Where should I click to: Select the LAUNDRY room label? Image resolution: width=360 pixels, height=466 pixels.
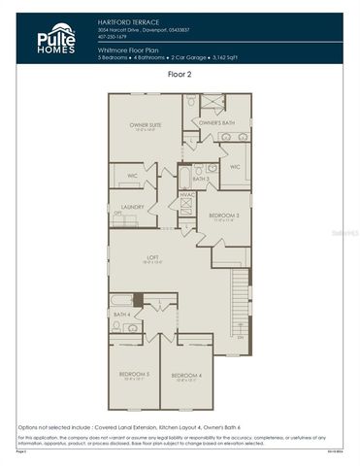(x=133, y=207)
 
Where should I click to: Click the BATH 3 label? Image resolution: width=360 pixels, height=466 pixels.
(x=201, y=179)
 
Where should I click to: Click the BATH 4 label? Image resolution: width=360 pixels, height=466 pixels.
(x=121, y=315)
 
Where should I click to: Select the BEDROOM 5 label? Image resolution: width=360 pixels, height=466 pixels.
(x=134, y=374)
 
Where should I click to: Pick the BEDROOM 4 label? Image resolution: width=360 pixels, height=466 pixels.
(x=186, y=375)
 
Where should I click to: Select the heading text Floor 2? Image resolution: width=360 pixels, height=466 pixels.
(x=180, y=74)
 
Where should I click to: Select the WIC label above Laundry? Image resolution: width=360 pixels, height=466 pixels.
(x=130, y=177)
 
